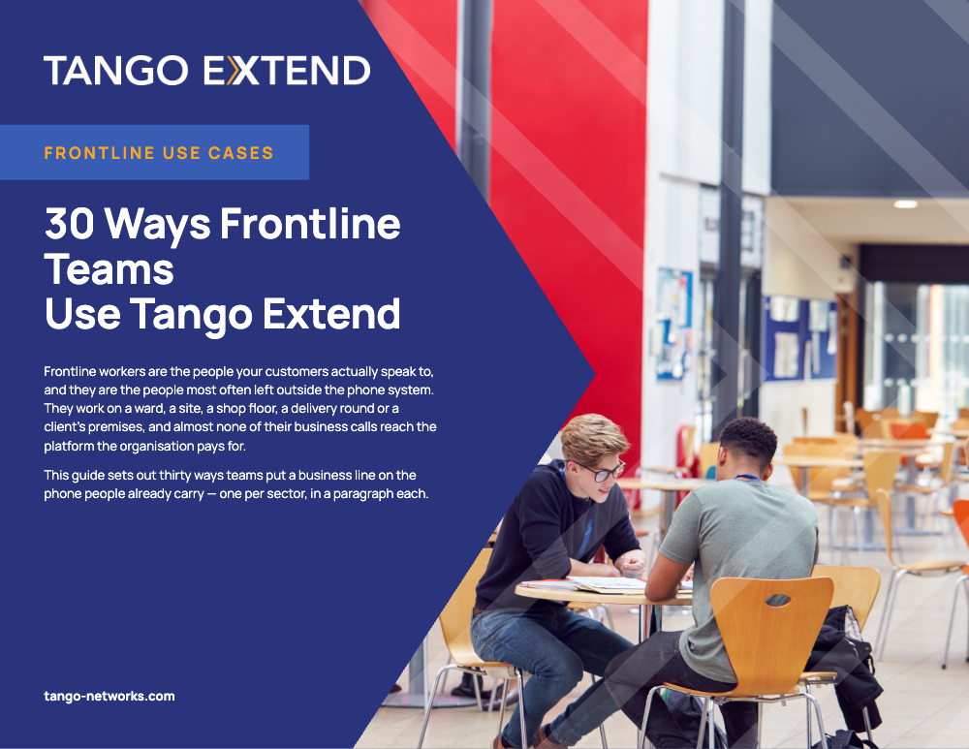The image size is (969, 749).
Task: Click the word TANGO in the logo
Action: click(x=116, y=71)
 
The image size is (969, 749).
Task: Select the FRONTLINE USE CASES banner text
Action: click(x=159, y=153)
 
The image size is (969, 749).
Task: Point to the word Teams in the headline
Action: click(x=109, y=269)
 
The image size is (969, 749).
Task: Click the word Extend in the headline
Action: click(x=331, y=314)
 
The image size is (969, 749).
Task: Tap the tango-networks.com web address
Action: click(x=109, y=696)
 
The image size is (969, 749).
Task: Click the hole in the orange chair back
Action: click(x=777, y=600)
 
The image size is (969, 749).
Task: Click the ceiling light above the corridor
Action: click(x=905, y=203)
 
